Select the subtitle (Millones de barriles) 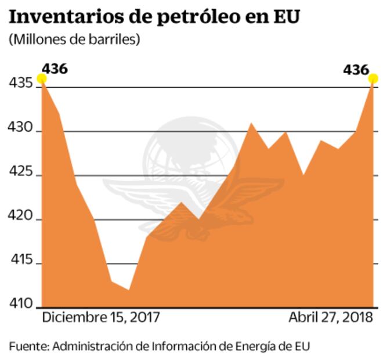(x=74, y=40)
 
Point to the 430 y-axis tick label (x=21, y=131)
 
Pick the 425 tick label (x=21, y=175)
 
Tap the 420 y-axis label (x=21, y=219)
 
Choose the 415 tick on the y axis (x=21, y=264)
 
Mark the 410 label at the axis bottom (x=21, y=304)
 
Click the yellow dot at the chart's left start (x=42, y=78)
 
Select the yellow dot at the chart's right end (x=374, y=78)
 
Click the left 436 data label (x=55, y=69)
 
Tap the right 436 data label (x=356, y=70)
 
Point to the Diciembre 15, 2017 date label (x=100, y=318)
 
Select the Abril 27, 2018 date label (x=331, y=318)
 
